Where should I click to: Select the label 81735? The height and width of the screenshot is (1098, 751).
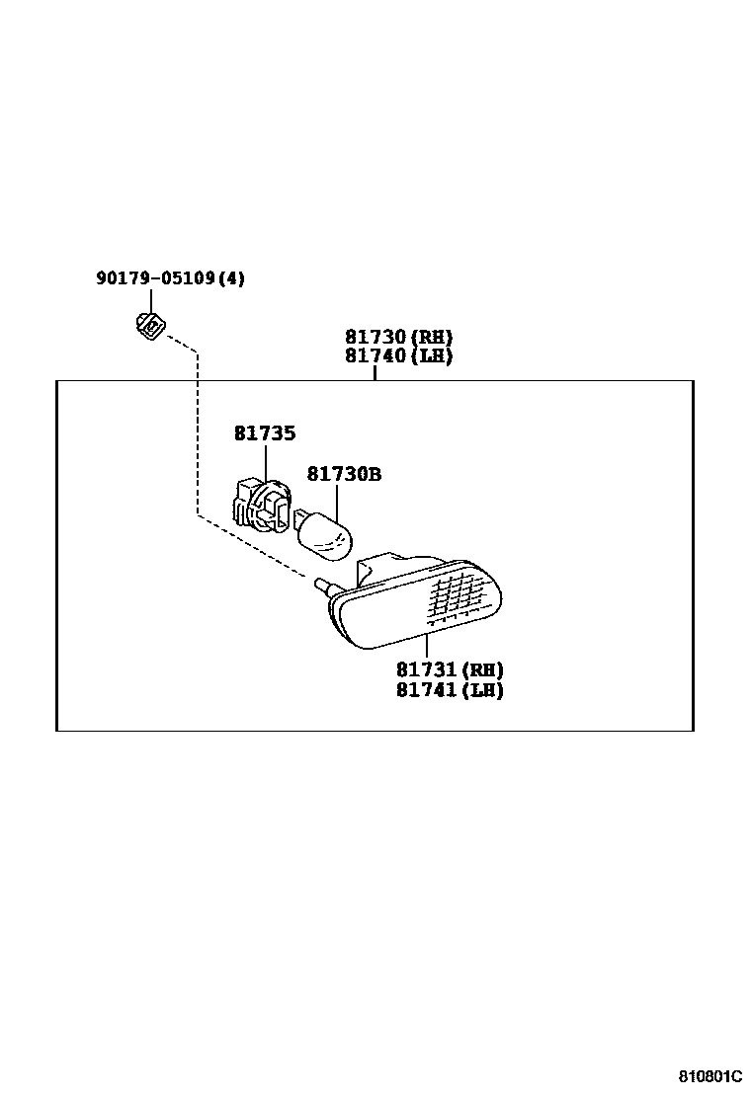pos(265,433)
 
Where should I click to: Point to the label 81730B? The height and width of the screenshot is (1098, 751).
pos(344,475)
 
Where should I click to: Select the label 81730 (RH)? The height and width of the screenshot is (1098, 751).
pos(398,337)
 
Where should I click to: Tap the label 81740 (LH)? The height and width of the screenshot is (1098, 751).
pos(398,356)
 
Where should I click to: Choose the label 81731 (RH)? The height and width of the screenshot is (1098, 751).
pos(450,670)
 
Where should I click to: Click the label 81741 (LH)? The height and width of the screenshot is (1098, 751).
pos(450,691)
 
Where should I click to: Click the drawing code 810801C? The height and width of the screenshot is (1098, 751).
pos(709,1074)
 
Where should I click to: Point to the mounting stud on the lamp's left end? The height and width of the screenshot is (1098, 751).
pos(322,586)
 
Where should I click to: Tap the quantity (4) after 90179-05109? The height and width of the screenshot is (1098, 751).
pos(230,279)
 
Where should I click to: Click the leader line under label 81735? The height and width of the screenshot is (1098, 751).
pos(266,464)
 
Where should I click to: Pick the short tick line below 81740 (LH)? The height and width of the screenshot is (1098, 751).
pos(375,373)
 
